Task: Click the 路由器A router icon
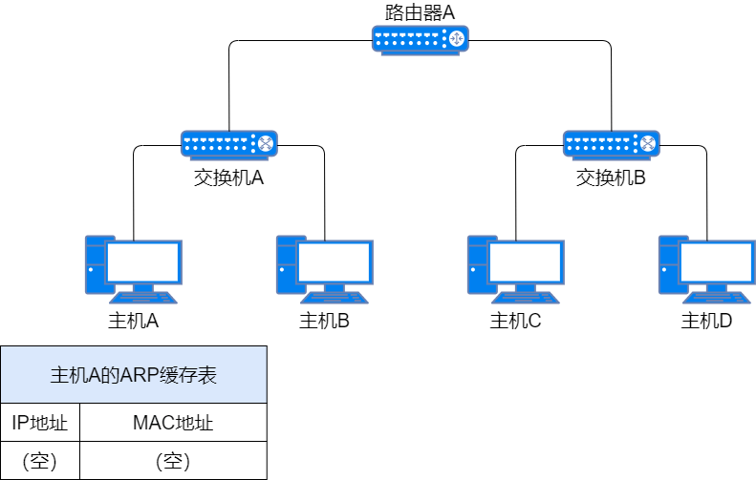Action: (x=420, y=40)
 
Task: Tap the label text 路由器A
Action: (x=420, y=12)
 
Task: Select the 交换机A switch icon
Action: (x=229, y=145)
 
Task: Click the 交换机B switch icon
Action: (x=612, y=145)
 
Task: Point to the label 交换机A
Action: (x=229, y=177)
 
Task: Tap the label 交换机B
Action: (x=611, y=177)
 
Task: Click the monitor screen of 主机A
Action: (x=143, y=262)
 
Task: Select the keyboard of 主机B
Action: (x=335, y=298)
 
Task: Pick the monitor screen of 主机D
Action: (x=718, y=262)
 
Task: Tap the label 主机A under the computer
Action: (x=133, y=321)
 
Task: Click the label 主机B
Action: (x=324, y=321)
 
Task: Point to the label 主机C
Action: (x=515, y=321)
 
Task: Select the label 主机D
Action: (x=706, y=321)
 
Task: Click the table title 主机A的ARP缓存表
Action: (x=134, y=375)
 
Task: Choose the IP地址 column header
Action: (x=39, y=423)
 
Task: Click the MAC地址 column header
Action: (x=173, y=423)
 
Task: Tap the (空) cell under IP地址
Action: (x=39, y=461)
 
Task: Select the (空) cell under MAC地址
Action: (x=173, y=461)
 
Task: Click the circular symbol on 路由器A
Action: (x=456, y=38)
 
